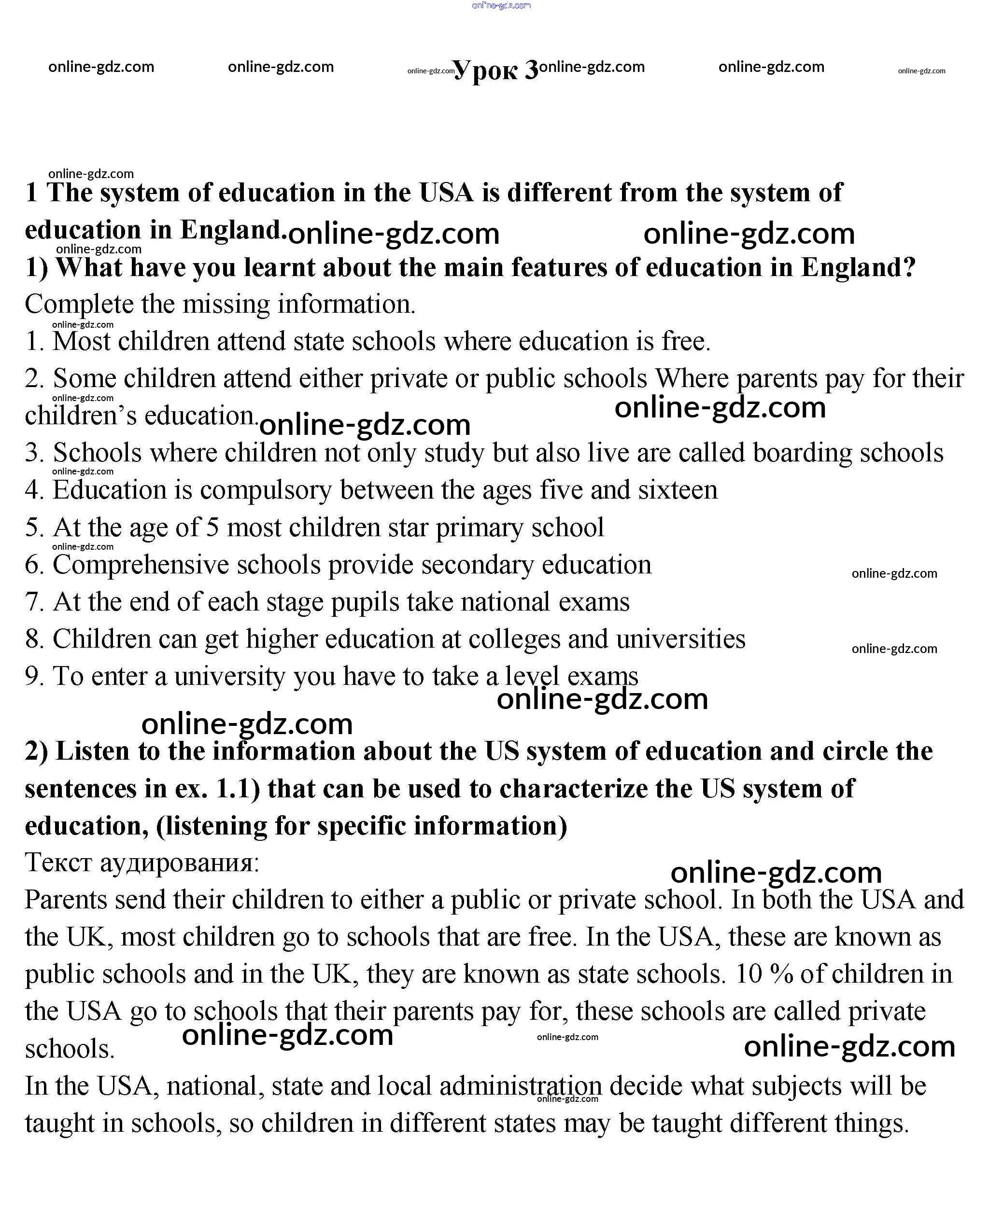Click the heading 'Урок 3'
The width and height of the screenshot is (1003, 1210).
click(496, 70)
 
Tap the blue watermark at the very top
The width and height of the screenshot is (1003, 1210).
click(500, 6)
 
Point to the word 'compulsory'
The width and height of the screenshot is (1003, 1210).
click(266, 490)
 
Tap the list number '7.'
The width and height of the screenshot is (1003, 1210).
click(35, 602)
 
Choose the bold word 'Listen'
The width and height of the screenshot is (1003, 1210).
click(92, 751)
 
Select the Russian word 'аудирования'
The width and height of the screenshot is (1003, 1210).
click(180, 862)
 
